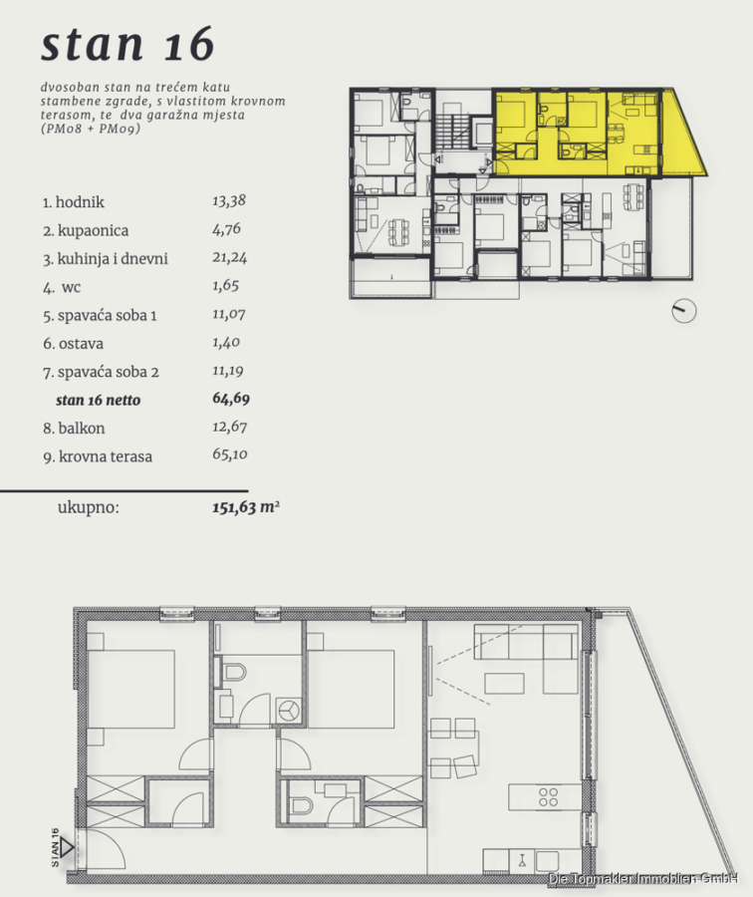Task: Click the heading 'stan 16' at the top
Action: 127,44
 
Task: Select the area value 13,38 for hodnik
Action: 229,200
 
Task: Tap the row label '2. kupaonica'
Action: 86,230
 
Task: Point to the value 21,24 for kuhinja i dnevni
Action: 230,257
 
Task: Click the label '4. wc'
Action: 62,287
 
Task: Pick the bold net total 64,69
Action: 231,398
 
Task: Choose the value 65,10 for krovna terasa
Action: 230,454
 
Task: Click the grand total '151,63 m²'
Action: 246,507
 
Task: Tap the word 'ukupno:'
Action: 89,507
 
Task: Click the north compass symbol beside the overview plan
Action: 684,311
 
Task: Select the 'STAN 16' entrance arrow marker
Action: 67,846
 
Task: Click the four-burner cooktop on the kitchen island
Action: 548,797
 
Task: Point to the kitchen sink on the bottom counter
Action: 522,861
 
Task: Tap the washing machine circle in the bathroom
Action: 289,711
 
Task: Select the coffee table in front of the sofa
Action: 504,684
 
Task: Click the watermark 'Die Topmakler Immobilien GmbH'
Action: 642,879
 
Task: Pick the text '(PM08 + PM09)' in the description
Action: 91,129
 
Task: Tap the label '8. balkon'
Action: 74,428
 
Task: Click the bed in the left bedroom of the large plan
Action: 130,689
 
